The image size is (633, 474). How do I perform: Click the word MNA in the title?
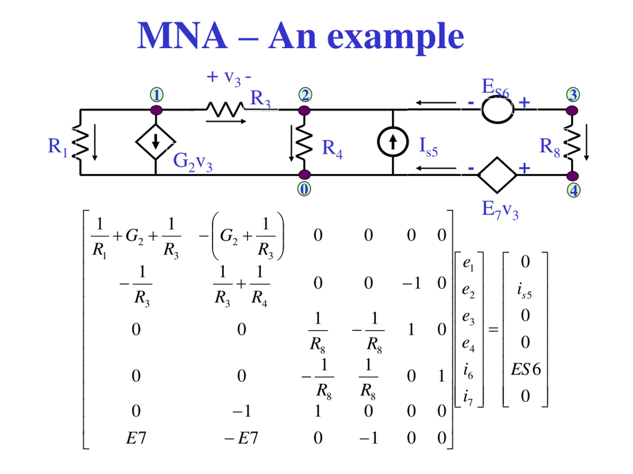[x=182, y=36]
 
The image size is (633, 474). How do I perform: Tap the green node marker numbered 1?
[x=157, y=95]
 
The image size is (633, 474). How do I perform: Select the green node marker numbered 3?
[x=573, y=95]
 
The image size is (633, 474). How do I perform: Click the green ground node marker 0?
[x=304, y=189]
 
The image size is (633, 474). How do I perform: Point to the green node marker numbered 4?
[x=573, y=191]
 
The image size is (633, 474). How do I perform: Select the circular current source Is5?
[x=393, y=142]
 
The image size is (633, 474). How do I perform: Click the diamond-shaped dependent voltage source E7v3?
[x=497, y=175]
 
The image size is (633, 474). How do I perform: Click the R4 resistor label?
[x=332, y=149]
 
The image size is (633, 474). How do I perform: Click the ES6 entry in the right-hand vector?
[x=526, y=369]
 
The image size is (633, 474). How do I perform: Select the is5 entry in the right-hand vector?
[x=524, y=291]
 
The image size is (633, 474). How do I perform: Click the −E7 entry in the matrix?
[x=241, y=438]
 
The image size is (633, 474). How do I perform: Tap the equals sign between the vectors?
[x=493, y=329]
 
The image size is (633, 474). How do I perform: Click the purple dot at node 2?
[x=304, y=110]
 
